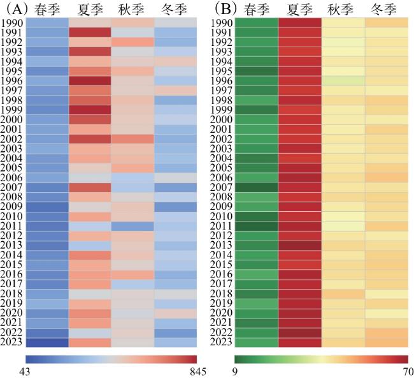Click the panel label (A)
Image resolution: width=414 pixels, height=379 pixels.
(12, 9)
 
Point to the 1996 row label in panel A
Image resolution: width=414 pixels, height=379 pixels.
(13, 81)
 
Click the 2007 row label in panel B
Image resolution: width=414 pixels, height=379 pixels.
(222, 188)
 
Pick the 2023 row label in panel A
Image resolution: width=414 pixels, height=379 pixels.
(13, 343)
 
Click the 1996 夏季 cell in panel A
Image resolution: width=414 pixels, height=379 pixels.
(90, 81)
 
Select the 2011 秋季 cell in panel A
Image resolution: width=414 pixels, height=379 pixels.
(132, 226)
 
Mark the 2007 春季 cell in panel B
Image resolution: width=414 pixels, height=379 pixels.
(257, 188)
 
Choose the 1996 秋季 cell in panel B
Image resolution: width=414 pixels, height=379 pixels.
(343, 81)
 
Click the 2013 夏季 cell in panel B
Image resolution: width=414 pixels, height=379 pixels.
(300, 246)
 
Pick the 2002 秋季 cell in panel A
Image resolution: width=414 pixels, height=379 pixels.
(132, 139)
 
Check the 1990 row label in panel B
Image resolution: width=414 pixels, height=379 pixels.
(222, 23)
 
